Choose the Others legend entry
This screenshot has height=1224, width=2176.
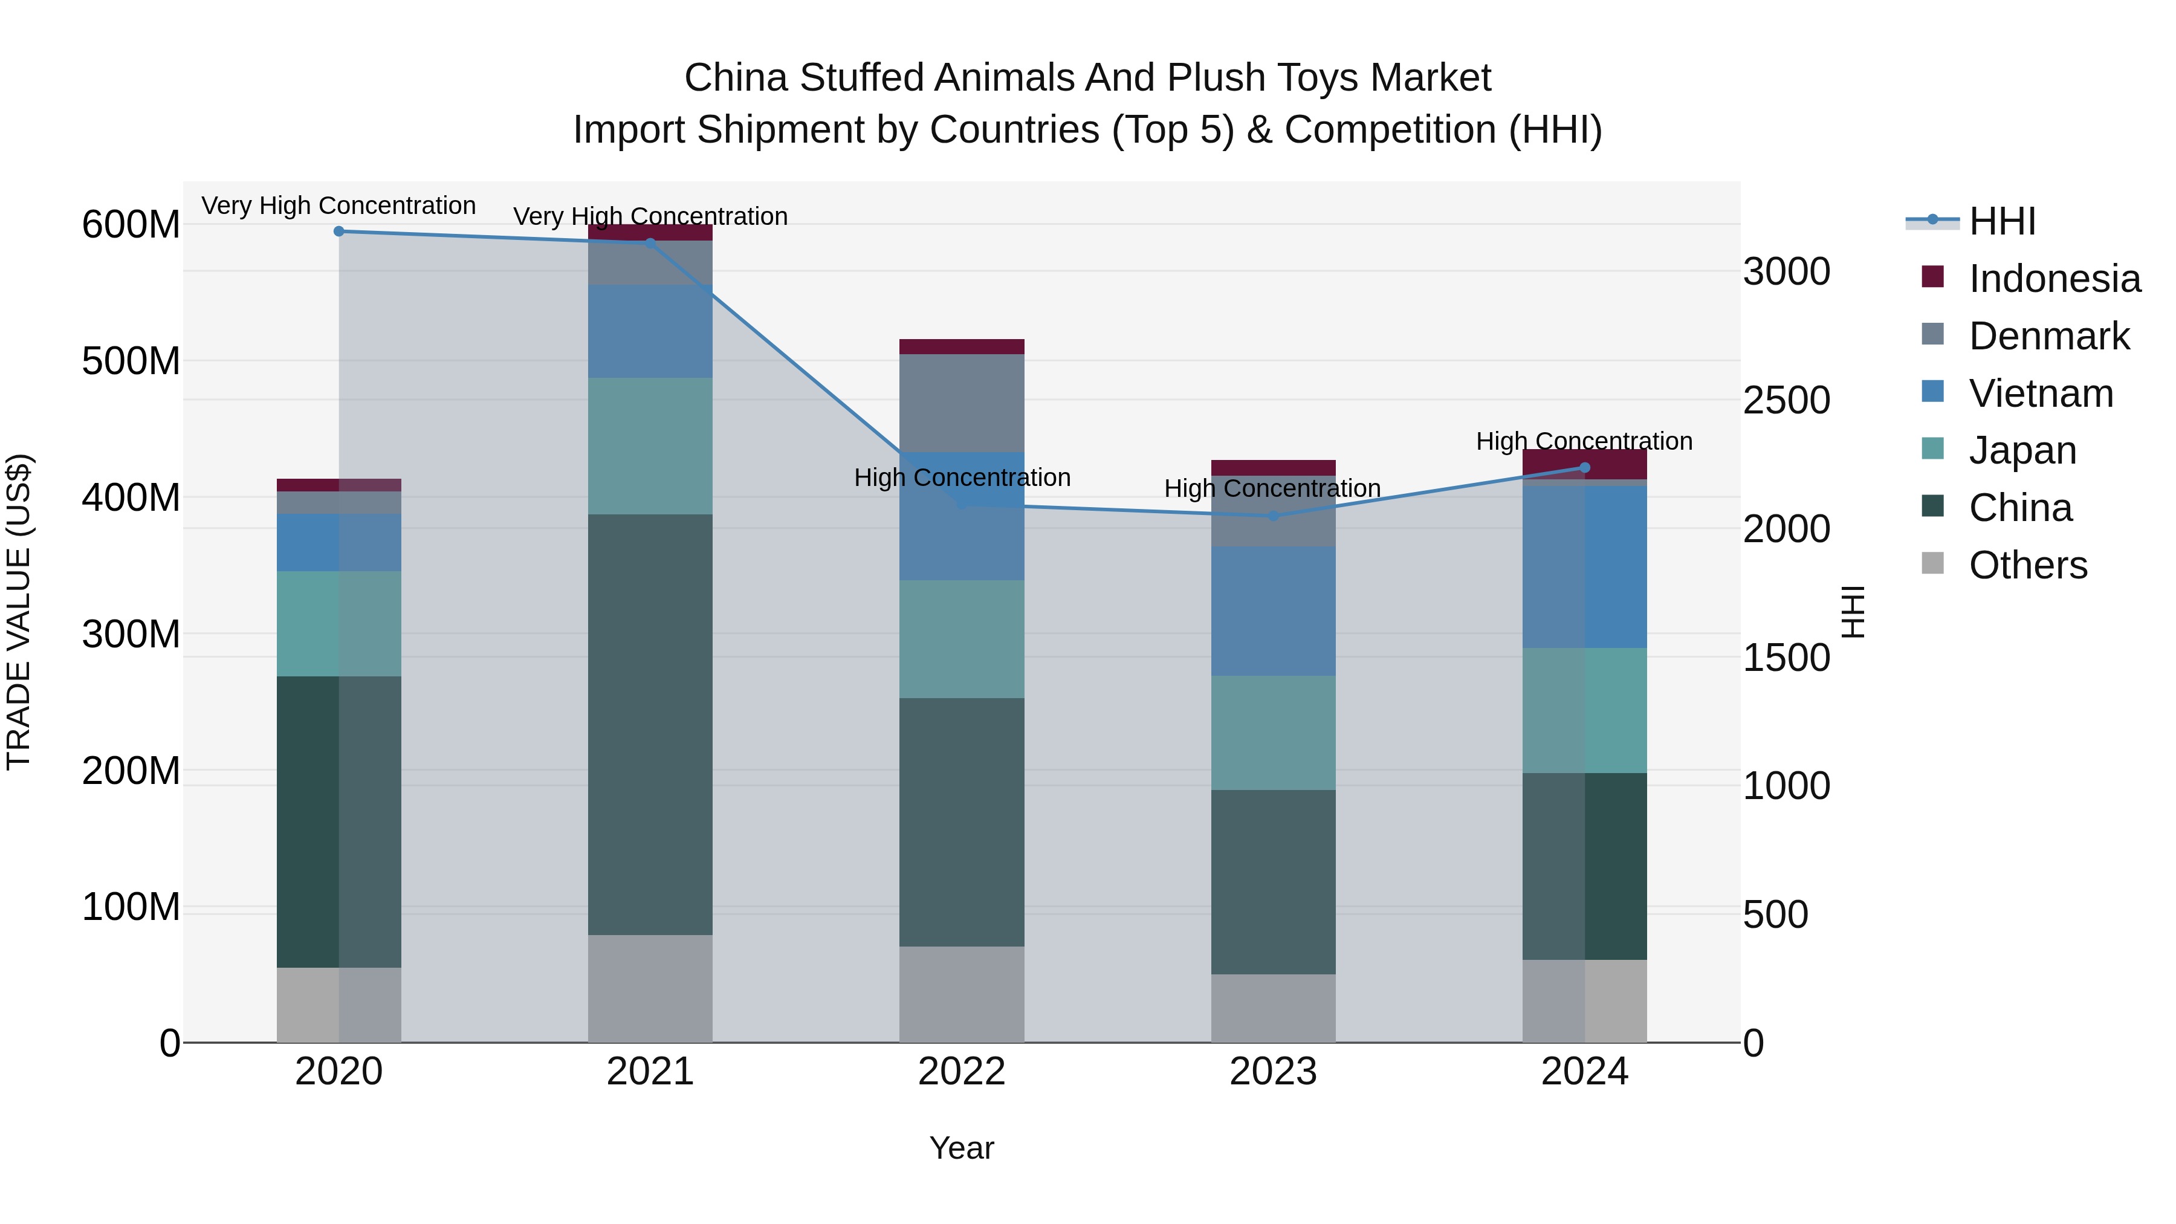[x=2027, y=565]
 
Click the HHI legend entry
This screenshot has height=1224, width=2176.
[x=2001, y=221]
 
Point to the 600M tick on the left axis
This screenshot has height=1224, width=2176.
[x=131, y=225]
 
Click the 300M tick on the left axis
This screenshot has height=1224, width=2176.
[x=131, y=633]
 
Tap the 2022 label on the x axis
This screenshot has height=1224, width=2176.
[x=961, y=1072]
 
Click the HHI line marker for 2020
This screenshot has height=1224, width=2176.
[x=338, y=232]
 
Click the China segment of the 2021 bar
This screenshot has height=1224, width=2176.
[x=650, y=724]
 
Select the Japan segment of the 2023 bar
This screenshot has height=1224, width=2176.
[x=1273, y=733]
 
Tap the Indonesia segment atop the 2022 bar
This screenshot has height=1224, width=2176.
[x=961, y=347]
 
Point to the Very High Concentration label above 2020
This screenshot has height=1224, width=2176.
[x=338, y=206]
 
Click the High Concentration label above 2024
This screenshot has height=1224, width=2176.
[x=1584, y=442]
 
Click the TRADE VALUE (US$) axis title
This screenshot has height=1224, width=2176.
[x=19, y=612]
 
